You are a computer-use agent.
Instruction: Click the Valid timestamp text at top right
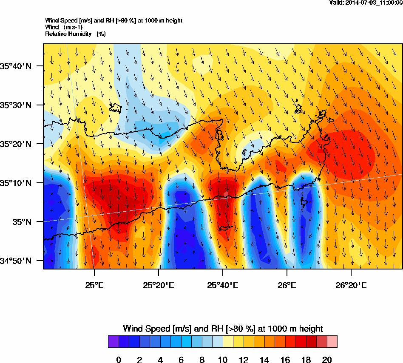[x=366, y=3]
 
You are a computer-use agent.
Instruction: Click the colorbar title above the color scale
[x=223, y=329]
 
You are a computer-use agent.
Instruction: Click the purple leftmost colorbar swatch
[x=113, y=341]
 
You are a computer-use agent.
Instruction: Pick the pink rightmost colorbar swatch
[x=332, y=341]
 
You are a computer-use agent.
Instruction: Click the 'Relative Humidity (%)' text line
[x=75, y=34]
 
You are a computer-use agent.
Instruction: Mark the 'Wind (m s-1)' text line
[x=64, y=27]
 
